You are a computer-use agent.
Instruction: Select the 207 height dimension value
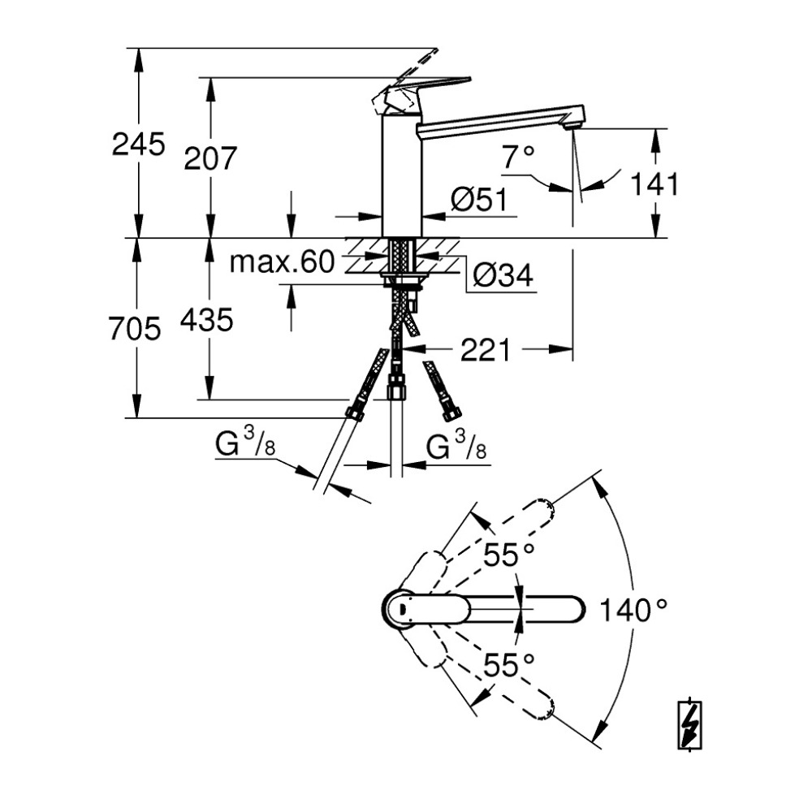(209, 158)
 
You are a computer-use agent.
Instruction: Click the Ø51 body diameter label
(478, 201)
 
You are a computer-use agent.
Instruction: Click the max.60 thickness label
(282, 262)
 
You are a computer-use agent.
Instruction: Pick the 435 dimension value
(207, 321)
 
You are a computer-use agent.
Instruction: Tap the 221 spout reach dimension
(486, 351)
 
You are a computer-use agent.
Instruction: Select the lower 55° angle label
(509, 665)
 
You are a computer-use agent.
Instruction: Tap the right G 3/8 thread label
(456, 445)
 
